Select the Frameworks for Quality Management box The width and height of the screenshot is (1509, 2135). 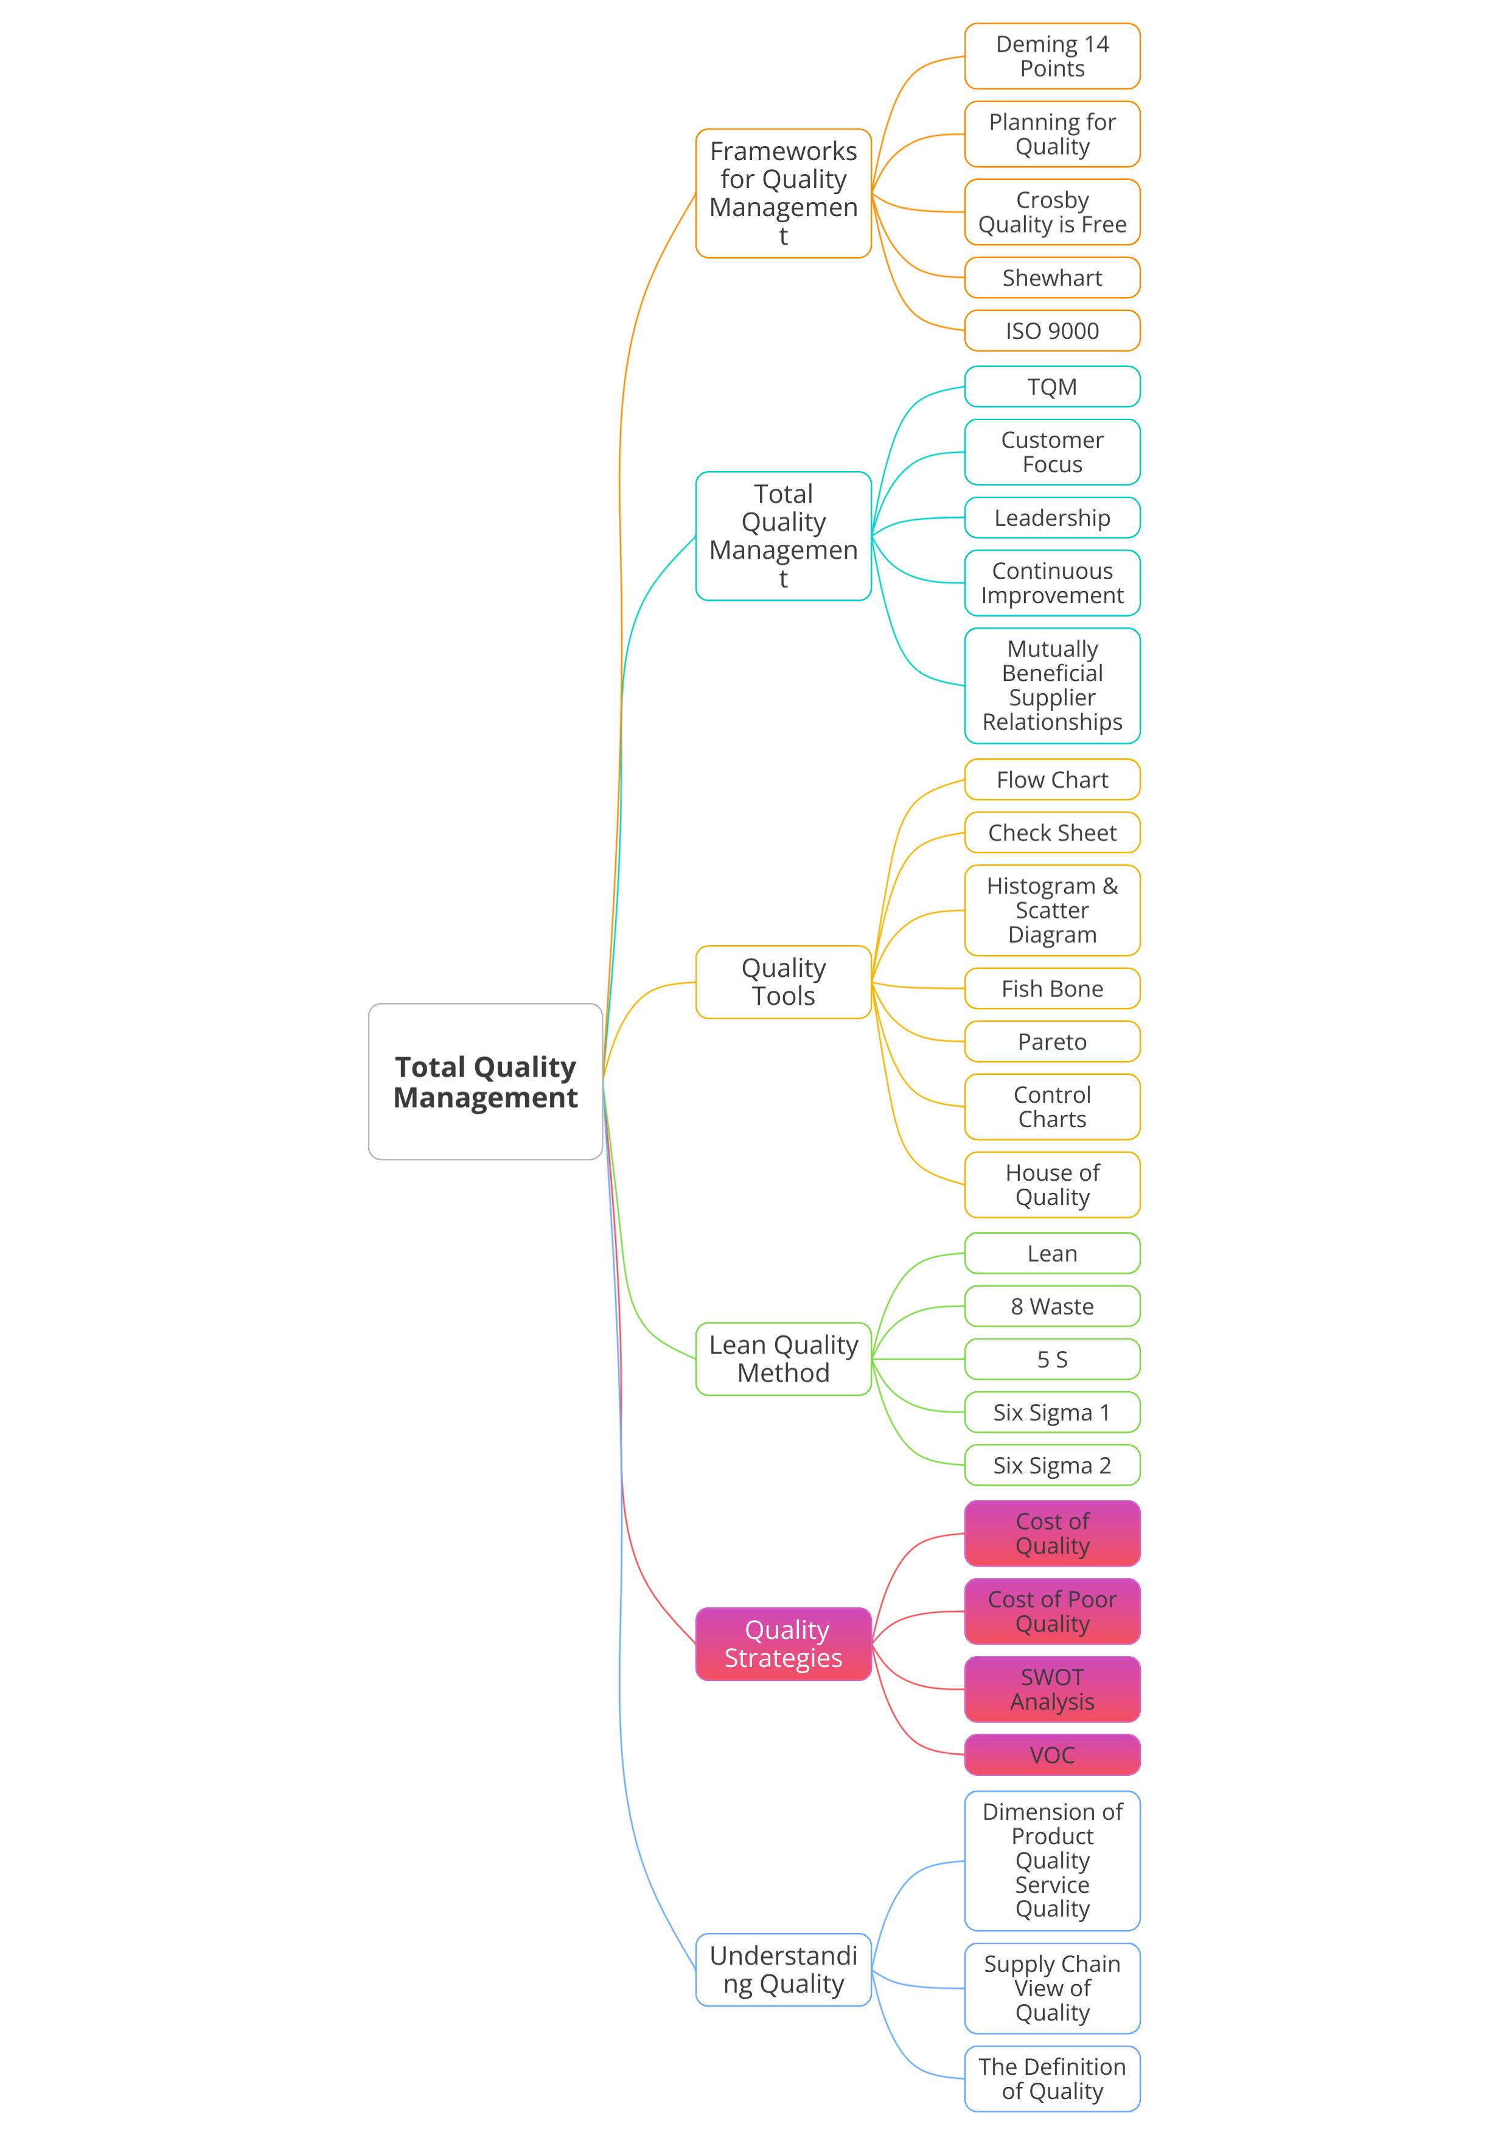click(x=783, y=194)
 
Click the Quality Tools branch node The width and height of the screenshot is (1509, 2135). click(x=783, y=982)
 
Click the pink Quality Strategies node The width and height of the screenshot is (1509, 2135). click(x=783, y=1644)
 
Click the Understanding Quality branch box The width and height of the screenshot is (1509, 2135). click(x=783, y=1969)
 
